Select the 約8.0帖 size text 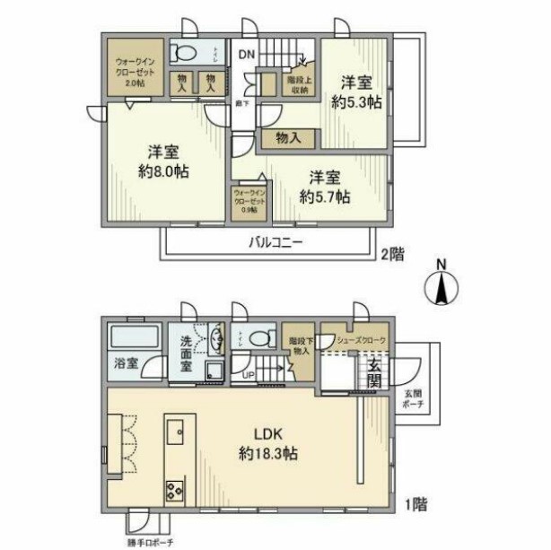coord(162,170)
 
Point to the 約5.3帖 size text coord(356,101)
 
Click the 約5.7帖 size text coord(325,197)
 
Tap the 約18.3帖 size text coord(267,454)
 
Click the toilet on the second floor coord(188,51)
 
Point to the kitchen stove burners coord(175,491)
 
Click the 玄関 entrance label coord(375,372)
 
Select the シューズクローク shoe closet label coord(356,339)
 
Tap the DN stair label coord(247,54)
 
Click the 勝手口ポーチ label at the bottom coord(150,542)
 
